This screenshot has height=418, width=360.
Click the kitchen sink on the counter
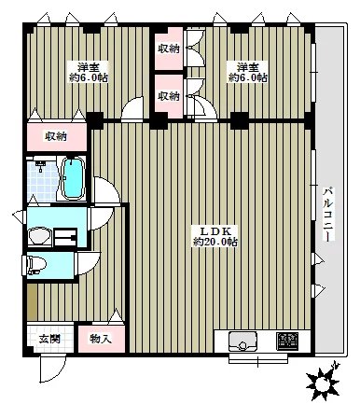tap(244, 342)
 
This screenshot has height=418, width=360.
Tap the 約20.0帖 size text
tap(215, 243)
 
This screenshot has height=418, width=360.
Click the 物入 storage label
tap(101, 338)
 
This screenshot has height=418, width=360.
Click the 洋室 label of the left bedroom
tap(89, 67)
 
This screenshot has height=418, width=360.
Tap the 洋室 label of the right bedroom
tap(247, 67)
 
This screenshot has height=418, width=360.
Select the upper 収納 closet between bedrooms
tap(169, 48)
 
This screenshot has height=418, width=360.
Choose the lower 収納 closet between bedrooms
tap(169, 95)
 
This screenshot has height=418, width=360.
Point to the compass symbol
tap(325, 380)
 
